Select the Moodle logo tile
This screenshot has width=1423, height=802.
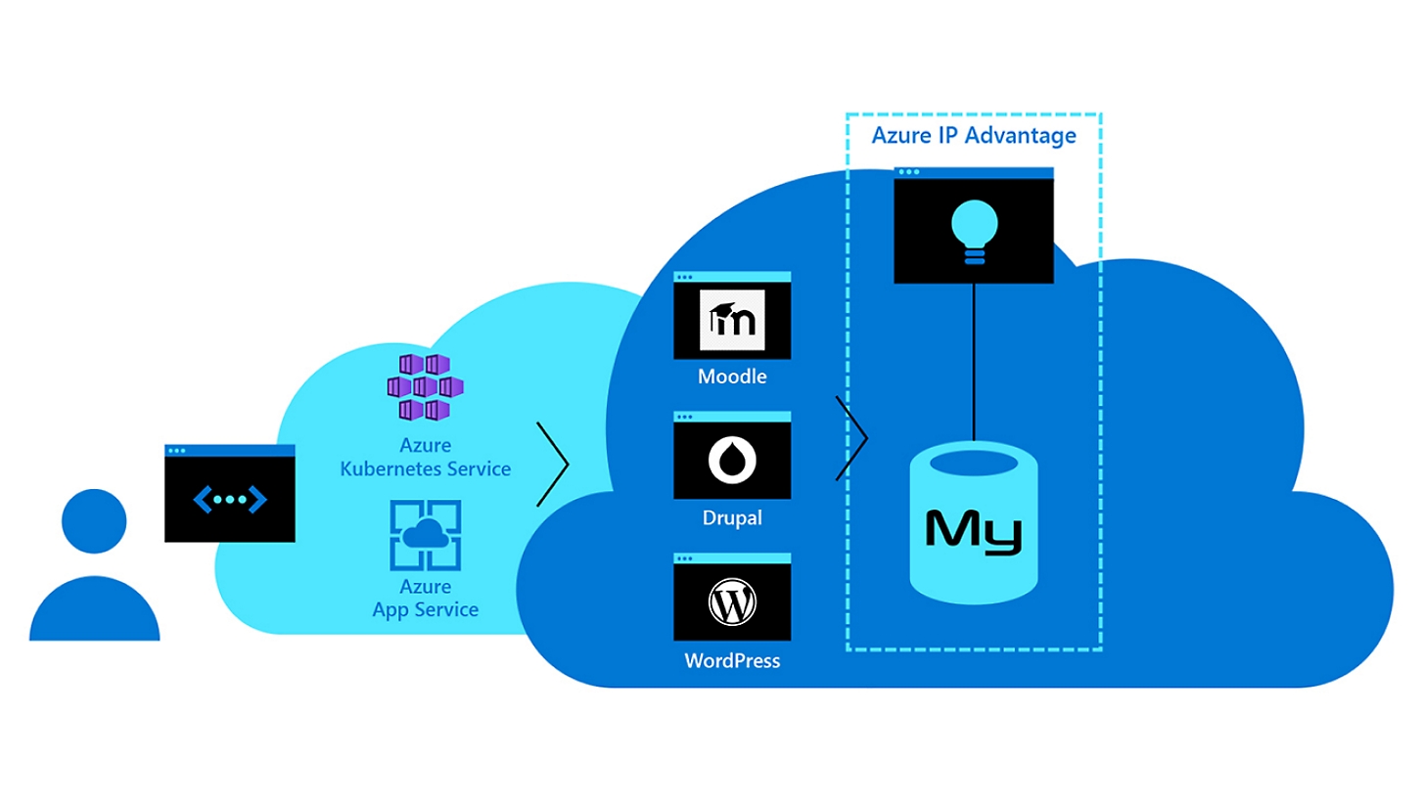(732, 320)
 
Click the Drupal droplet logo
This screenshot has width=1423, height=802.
(732, 460)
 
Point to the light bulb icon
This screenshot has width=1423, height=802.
(974, 232)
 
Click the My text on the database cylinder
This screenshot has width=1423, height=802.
(974, 531)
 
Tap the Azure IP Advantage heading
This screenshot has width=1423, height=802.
(974, 135)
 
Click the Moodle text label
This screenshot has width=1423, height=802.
(732, 377)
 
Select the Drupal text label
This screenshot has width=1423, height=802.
(732, 517)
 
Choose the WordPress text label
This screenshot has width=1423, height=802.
(732, 661)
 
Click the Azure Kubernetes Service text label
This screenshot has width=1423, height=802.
(425, 458)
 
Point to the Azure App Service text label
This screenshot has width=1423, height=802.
(425, 599)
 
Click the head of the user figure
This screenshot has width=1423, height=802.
(94, 520)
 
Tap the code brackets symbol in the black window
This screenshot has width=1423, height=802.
(230, 500)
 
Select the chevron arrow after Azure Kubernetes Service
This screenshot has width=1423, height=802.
(555, 464)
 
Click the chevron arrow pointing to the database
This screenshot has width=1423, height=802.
(853, 439)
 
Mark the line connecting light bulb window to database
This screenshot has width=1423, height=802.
(974, 362)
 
